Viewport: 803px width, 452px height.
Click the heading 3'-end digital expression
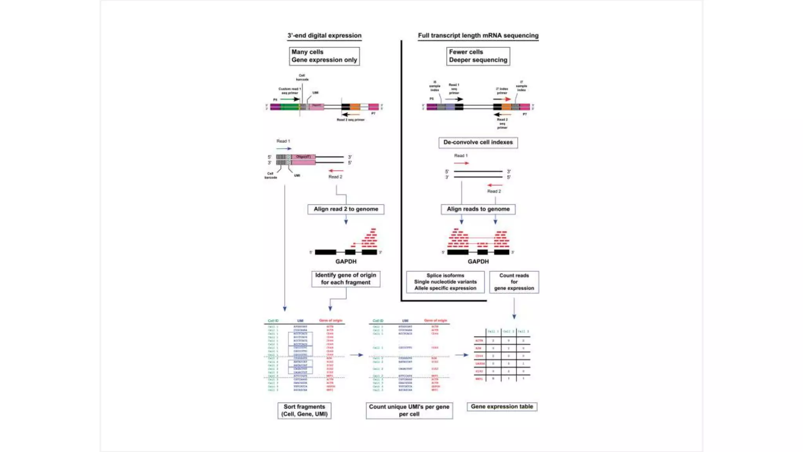tap(324, 36)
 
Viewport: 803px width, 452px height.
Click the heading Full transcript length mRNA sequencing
tap(478, 36)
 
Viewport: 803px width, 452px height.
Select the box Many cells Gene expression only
tap(324, 56)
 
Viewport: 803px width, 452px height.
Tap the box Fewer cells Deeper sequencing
tap(478, 56)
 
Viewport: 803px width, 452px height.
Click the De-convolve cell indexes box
tap(478, 142)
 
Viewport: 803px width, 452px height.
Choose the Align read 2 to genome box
tap(346, 209)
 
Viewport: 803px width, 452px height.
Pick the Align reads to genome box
tap(478, 209)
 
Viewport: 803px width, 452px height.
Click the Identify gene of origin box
tap(345, 279)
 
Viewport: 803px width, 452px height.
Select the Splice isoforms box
tap(445, 282)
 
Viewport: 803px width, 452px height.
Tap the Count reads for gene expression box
tap(514, 282)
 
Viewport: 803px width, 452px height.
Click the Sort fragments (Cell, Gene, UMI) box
tap(304, 410)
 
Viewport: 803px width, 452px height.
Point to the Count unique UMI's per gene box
tap(409, 410)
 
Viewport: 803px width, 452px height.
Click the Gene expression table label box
tap(502, 407)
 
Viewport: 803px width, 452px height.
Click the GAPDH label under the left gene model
tap(346, 262)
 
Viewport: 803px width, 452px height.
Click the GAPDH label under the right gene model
tap(478, 262)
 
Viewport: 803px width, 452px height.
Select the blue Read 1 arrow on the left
tap(283, 149)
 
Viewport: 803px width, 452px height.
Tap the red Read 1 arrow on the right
tap(461, 163)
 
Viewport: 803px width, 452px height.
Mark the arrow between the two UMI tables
tap(356, 355)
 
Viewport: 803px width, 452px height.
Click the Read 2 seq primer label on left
tap(351, 120)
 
